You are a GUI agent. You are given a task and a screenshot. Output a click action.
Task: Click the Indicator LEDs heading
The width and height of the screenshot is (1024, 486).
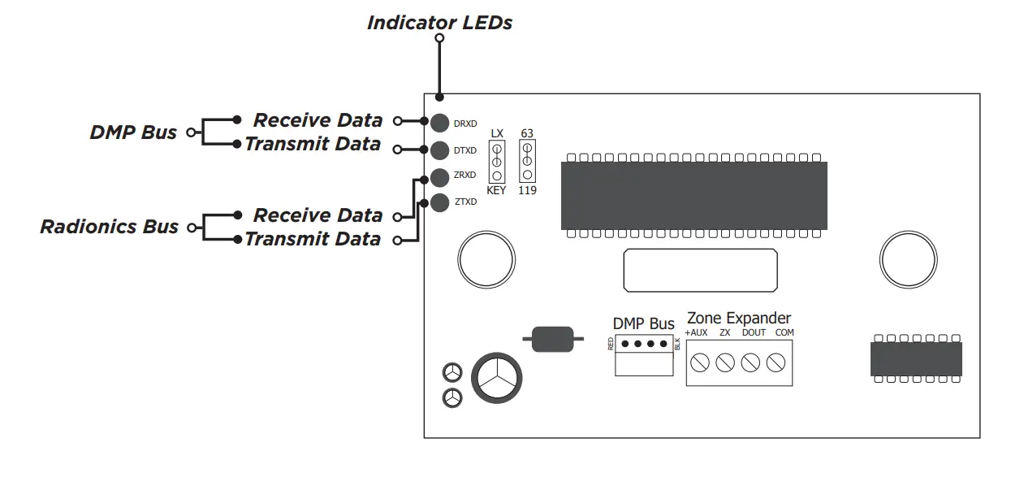pos(439,22)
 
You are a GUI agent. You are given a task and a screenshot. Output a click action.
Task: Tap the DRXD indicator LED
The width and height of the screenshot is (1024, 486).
pos(439,123)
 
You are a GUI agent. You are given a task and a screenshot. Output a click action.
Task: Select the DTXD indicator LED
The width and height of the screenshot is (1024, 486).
pos(439,150)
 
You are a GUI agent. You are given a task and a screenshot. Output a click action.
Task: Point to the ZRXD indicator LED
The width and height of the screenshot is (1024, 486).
pos(439,176)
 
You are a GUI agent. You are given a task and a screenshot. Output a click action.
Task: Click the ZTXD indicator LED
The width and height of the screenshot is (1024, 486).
pos(439,202)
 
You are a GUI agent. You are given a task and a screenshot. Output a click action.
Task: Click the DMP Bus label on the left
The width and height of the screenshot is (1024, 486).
pos(133,132)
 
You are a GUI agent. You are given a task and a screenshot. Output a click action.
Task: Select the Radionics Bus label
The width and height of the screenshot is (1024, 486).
pos(110,226)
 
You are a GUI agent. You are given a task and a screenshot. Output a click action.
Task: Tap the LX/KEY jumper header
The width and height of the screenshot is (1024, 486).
pos(496,162)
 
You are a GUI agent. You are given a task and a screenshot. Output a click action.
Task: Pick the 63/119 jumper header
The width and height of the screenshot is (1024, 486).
pos(527,161)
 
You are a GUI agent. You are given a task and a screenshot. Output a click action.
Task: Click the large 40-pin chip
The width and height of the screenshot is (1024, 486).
pos(693,195)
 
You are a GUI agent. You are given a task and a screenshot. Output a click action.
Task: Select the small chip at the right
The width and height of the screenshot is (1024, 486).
pos(916,358)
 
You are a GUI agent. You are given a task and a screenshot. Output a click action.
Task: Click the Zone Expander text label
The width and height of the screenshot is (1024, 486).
pos(739,318)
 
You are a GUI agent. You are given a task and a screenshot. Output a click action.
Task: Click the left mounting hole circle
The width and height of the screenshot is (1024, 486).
pos(481,258)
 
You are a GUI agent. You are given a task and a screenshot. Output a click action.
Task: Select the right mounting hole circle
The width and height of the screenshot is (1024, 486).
pos(903,258)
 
